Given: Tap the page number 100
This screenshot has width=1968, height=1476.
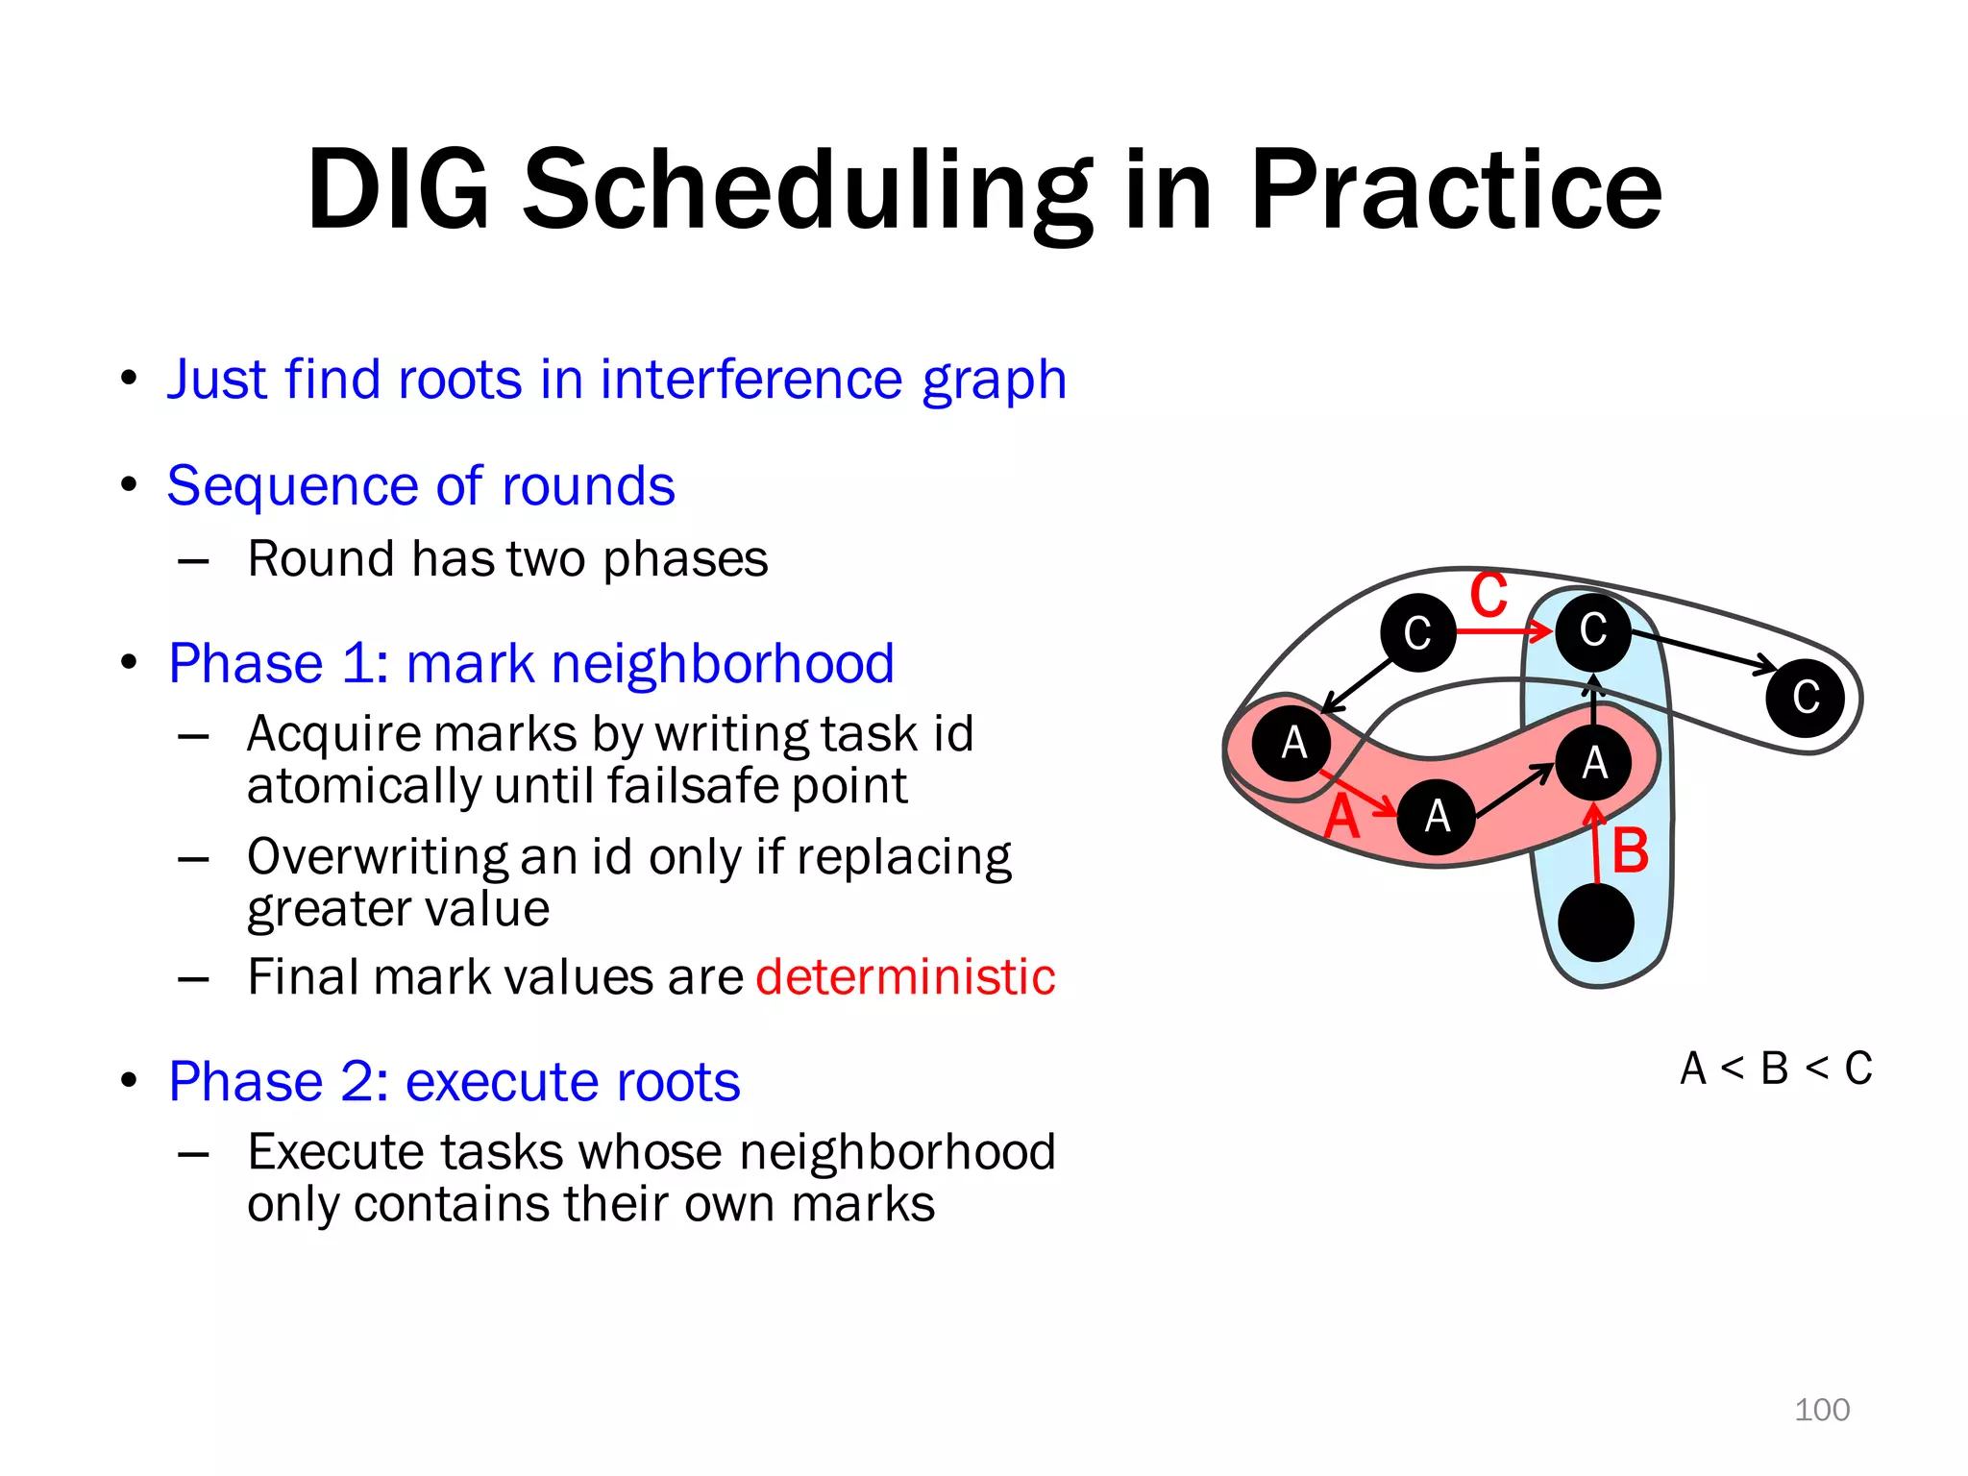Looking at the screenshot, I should [x=1821, y=1410].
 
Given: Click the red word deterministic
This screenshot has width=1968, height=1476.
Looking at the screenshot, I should [x=905, y=977].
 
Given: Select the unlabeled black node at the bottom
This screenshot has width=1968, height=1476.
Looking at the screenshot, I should [x=1595, y=922].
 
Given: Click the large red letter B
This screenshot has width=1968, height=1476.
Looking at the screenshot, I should [x=1630, y=851].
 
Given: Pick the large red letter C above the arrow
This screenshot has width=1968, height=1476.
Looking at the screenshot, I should [x=1488, y=595].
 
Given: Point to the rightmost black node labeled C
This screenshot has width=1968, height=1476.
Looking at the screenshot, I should [x=1805, y=698].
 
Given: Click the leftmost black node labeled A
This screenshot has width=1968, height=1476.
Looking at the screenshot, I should [x=1292, y=743].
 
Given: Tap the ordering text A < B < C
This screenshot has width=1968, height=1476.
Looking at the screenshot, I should [x=1776, y=1069].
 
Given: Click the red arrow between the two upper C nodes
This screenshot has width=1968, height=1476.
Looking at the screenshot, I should [x=1504, y=631].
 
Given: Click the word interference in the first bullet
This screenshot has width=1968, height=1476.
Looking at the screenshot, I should [x=752, y=379].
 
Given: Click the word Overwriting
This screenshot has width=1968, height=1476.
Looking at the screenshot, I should [x=377, y=856].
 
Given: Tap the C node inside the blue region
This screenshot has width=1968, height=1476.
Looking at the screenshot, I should [x=1592, y=630].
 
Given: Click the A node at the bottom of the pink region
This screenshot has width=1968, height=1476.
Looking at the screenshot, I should [x=1436, y=817].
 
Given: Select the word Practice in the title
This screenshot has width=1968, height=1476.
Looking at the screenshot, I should [x=1455, y=190].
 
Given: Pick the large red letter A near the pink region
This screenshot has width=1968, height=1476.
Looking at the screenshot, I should [x=1341, y=819].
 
